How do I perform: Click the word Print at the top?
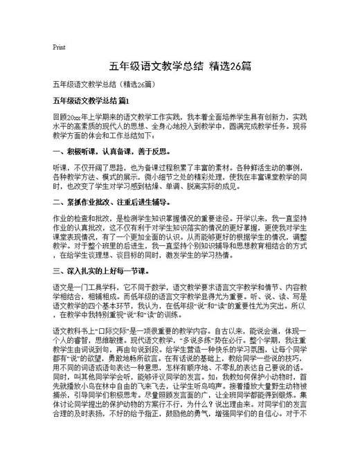pyautogui.click(x=58, y=47)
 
